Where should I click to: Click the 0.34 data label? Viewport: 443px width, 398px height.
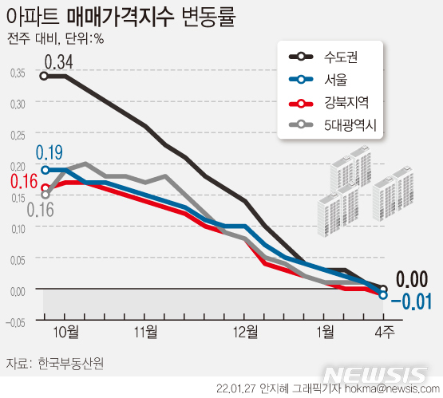[58, 61]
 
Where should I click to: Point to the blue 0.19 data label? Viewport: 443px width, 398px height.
[49, 152]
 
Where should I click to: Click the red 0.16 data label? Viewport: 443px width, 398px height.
[24, 180]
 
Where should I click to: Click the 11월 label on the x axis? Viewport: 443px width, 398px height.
[144, 331]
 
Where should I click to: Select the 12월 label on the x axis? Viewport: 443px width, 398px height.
[244, 331]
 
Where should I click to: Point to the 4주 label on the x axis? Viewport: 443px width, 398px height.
[384, 331]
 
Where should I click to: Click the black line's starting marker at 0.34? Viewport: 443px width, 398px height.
[45, 76]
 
